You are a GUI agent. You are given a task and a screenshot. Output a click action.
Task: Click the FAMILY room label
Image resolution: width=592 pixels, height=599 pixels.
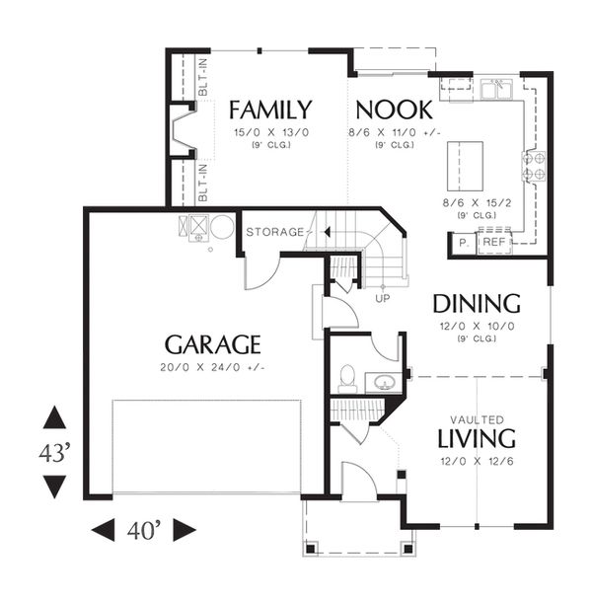[270, 110]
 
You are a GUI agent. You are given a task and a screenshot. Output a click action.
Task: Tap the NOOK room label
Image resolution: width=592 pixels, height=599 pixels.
[394, 110]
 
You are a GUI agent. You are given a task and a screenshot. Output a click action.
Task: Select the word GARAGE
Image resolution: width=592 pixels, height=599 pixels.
[213, 344]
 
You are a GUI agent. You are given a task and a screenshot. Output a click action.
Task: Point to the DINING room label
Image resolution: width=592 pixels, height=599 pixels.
[477, 304]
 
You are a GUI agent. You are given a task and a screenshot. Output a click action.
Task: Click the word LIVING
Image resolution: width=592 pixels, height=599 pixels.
[477, 438]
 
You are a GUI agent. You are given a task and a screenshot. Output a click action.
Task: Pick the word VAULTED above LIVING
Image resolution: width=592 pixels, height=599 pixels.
[477, 419]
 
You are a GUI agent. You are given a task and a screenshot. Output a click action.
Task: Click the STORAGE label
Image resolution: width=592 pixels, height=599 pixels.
[275, 232]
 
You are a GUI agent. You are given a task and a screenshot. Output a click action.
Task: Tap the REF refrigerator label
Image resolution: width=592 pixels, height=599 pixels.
[494, 242]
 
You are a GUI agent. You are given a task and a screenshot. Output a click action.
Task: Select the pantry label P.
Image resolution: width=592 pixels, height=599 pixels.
[464, 243]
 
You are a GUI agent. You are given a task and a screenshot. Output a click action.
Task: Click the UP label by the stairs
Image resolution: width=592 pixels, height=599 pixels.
[382, 298]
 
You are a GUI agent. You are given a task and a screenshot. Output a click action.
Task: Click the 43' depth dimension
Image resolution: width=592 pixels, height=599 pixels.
[54, 453]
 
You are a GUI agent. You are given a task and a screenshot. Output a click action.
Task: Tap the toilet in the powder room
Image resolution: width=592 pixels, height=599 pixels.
[347, 379]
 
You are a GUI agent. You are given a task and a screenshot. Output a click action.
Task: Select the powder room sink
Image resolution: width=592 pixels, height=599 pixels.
[384, 382]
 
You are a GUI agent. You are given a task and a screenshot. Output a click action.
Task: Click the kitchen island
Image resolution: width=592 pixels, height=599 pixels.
[465, 166]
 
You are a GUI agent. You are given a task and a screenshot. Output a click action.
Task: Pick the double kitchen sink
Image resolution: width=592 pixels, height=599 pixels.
[496, 90]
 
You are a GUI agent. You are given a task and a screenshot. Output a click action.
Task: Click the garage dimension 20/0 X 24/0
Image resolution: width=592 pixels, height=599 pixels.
[212, 367]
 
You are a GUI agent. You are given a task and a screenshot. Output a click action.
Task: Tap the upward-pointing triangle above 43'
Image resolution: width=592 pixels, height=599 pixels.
[54, 416]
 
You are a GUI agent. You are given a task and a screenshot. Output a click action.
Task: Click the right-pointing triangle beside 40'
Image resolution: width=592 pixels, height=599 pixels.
[185, 530]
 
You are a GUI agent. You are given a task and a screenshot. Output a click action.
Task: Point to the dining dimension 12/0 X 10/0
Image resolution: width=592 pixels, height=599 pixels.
[477, 327]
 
